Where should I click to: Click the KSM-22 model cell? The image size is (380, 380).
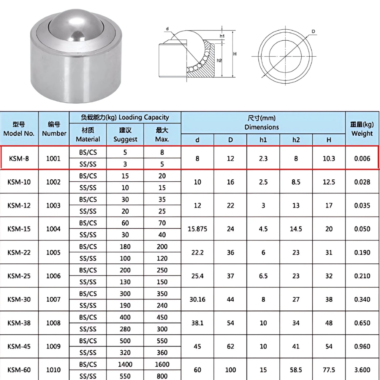[x=19, y=252]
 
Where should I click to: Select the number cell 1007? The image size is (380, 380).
[x=54, y=299]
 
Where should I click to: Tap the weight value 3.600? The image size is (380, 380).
[x=362, y=370]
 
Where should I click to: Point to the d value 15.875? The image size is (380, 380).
[x=197, y=229]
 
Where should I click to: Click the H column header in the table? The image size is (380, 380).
[x=329, y=140]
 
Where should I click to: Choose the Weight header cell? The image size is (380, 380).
[x=362, y=129]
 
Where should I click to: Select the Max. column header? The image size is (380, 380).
[x=162, y=135]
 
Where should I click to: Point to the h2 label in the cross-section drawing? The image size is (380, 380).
[x=219, y=60]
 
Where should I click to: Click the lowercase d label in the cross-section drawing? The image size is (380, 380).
[x=167, y=29]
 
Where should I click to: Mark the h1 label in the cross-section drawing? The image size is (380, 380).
[x=222, y=36]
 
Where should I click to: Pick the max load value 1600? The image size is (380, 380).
[x=162, y=364]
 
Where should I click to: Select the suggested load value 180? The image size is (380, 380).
[x=125, y=247]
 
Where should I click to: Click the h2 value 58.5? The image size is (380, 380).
[x=296, y=370]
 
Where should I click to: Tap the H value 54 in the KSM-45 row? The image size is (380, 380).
[x=329, y=347]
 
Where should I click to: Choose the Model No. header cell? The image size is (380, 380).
[x=19, y=129]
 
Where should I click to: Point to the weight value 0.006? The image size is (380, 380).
[x=362, y=158]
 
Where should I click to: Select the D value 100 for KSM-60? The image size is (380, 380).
[x=230, y=370]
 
